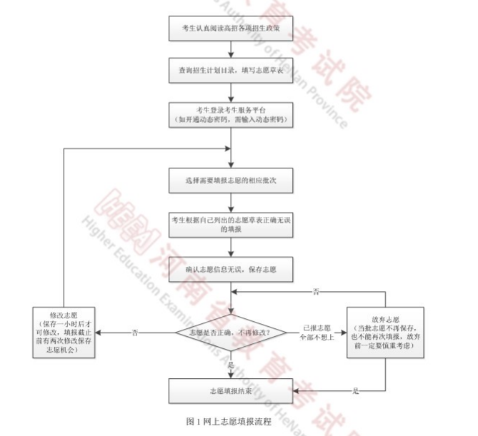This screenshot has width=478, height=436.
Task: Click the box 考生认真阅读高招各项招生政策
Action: (231, 29)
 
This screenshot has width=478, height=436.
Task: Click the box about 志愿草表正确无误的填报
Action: (231, 224)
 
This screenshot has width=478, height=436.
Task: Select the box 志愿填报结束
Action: (231, 392)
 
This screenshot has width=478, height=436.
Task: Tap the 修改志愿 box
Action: (64, 332)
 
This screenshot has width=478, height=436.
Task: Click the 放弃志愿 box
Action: (387, 332)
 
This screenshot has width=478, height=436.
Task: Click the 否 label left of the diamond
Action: (136, 333)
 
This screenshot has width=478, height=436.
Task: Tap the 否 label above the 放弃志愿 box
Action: (317, 292)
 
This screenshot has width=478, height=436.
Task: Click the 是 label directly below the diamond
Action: (230, 365)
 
